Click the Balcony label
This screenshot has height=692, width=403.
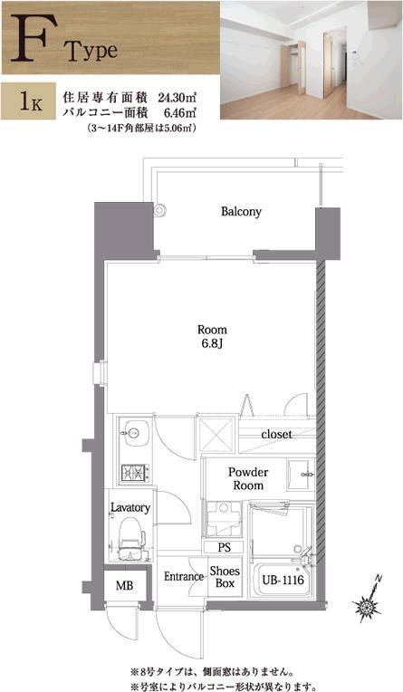click(x=241, y=212)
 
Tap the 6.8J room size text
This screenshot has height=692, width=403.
click(x=212, y=342)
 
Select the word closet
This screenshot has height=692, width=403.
click(x=277, y=434)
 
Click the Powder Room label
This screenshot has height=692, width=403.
click(x=248, y=479)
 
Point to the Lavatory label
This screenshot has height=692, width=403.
click(x=130, y=507)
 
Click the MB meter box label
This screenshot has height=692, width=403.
click(x=124, y=586)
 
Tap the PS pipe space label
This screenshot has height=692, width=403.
click(x=225, y=548)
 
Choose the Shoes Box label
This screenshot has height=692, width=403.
click(x=225, y=577)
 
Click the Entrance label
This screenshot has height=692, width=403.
click(x=184, y=576)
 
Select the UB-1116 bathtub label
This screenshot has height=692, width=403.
click(x=283, y=580)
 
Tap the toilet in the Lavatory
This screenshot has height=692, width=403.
click(x=131, y=538)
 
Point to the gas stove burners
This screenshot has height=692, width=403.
click(x=135, y=473)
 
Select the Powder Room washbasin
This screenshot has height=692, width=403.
click(x=301, y=475)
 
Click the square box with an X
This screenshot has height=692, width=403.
click(x=216, y=434)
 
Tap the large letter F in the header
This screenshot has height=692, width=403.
click(x=29, y=38)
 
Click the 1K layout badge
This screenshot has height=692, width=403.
click(x=28, y=101)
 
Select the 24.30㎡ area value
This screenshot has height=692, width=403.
click(x=177, y=95)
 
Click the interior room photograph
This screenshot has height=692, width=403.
click(x=312, y=60)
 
